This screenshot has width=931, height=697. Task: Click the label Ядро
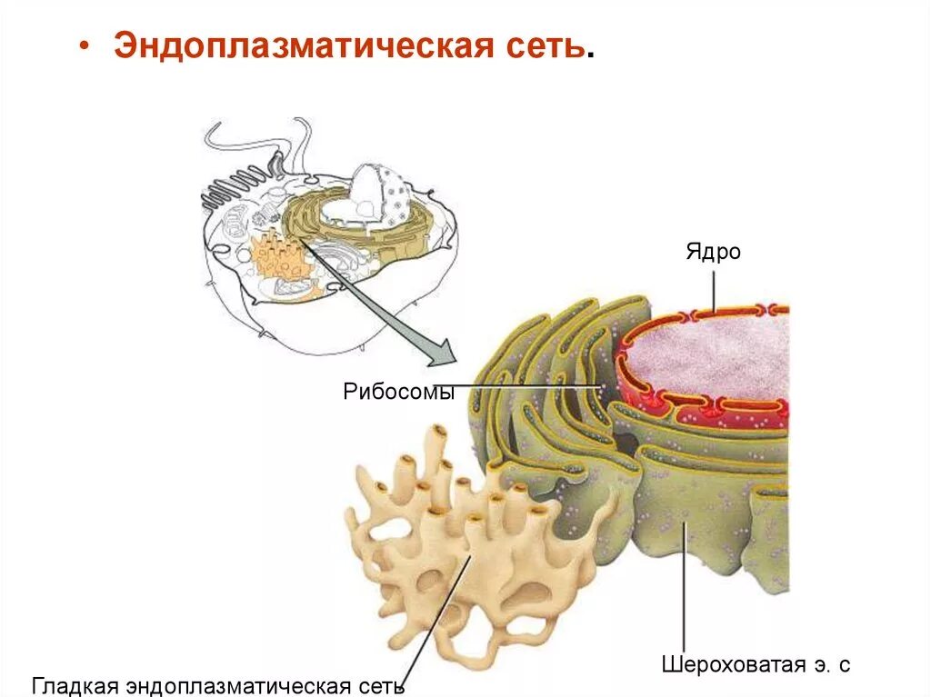tap(714, 252)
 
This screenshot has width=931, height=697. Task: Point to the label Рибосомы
tap(398, 393)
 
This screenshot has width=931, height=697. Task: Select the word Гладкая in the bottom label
tap(79, 684)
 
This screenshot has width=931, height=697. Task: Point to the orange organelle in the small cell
tap(277, 254)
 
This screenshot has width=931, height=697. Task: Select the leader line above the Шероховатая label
tap(682, 591)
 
